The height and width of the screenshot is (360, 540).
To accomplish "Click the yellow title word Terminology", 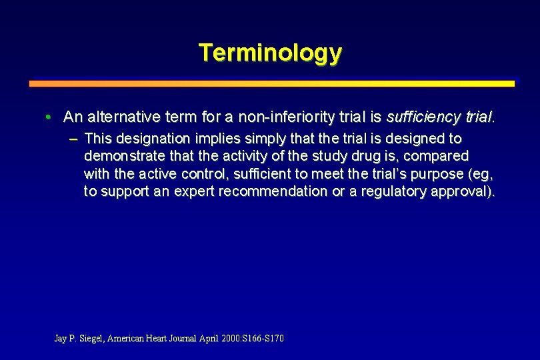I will point(270,52).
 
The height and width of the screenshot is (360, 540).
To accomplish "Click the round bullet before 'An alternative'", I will point(50,118).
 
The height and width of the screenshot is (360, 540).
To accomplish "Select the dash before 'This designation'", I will point(72,139).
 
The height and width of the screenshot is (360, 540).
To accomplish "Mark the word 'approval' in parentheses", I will point(465,191).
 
